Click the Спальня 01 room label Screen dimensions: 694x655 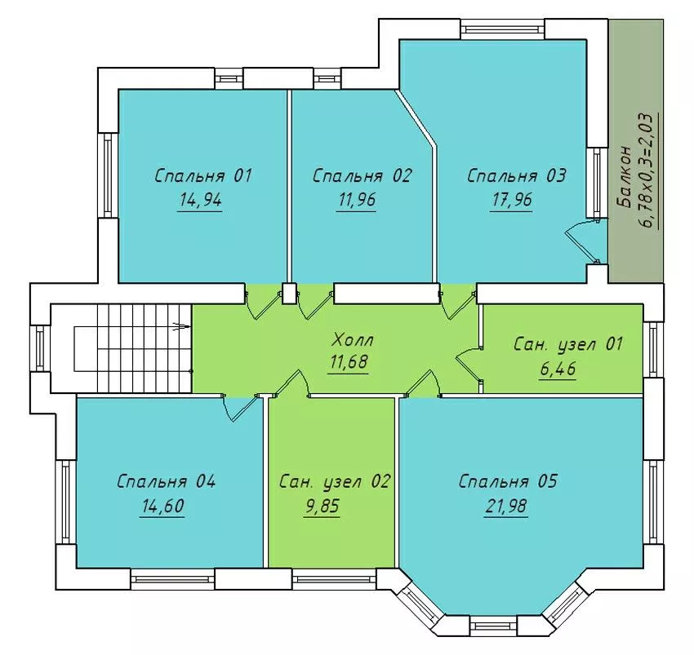point(203,175)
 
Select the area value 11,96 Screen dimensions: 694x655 point(357,200)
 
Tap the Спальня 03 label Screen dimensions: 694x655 point(517,175)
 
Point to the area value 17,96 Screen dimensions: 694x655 point(512,200)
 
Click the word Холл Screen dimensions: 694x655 point(353,339)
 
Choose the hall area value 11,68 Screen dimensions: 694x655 point(349,362)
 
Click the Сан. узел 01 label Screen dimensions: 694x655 point(568,343)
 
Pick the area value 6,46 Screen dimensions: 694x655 point(558,368)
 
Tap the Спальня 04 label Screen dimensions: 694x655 point(166,481)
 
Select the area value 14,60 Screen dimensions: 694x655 point(162,506)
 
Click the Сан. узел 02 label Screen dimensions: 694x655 point(335,481)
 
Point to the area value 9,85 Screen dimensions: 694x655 point(323,506)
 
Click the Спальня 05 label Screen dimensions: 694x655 point(508,481)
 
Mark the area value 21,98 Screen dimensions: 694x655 point(506,506)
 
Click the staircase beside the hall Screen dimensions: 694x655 point(132,348)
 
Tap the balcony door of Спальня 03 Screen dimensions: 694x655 point(583,241)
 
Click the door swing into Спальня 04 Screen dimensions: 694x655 point(239,408)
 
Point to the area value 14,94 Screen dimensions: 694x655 point(200,200)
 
